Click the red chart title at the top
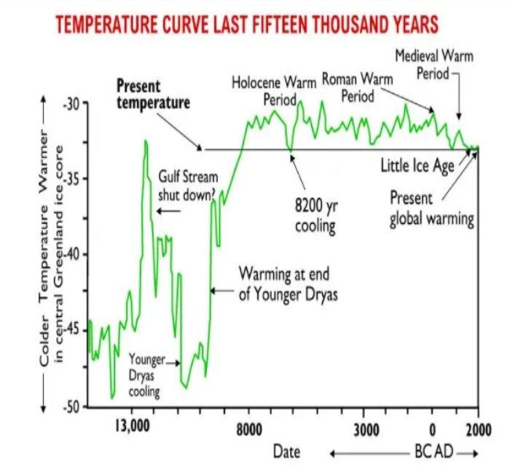point(247,26)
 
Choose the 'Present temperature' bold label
point(153,94)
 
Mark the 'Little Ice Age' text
point(417,165)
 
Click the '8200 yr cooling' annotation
point(315,215)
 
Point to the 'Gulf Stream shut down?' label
point(187,187)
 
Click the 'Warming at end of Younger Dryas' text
point(285,284)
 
